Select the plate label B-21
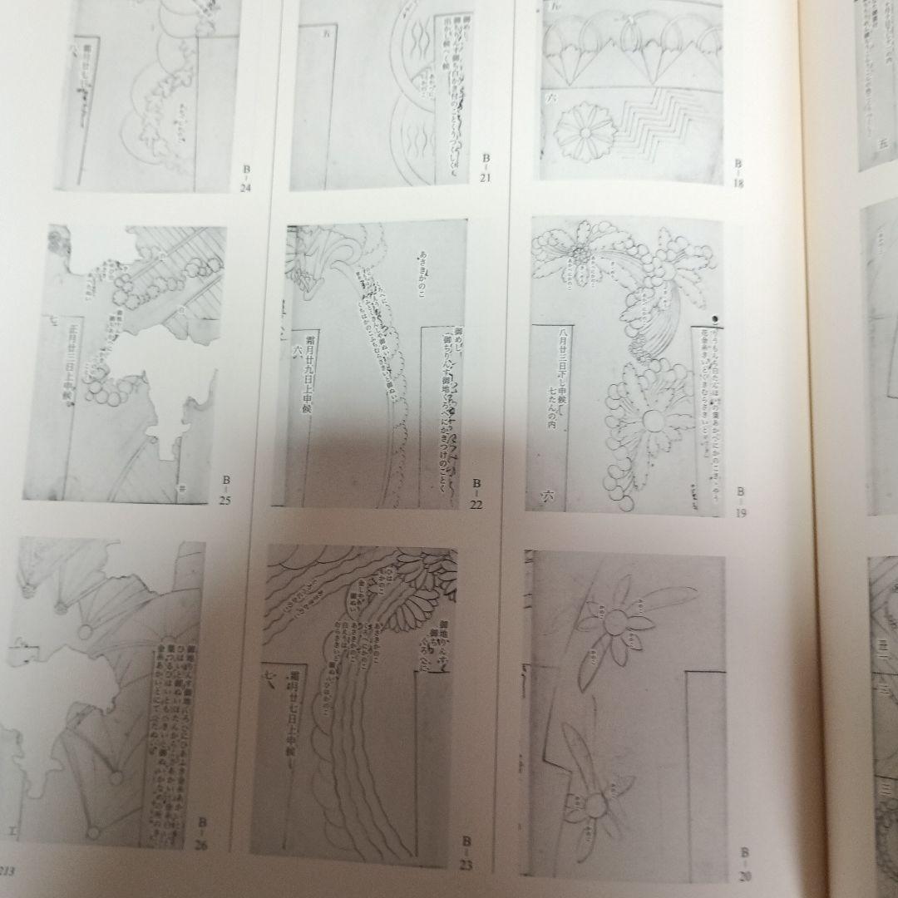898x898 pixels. pyautogui.click(x=486, y=167)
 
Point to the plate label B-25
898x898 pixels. pyautogui.click(x=224, y=490)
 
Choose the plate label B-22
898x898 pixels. pyautogui.click(x=477, y=494)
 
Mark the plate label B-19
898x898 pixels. pyautogui.click(x=740, y=503)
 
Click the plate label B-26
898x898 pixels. pyautogui.click(x=201, y=833)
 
